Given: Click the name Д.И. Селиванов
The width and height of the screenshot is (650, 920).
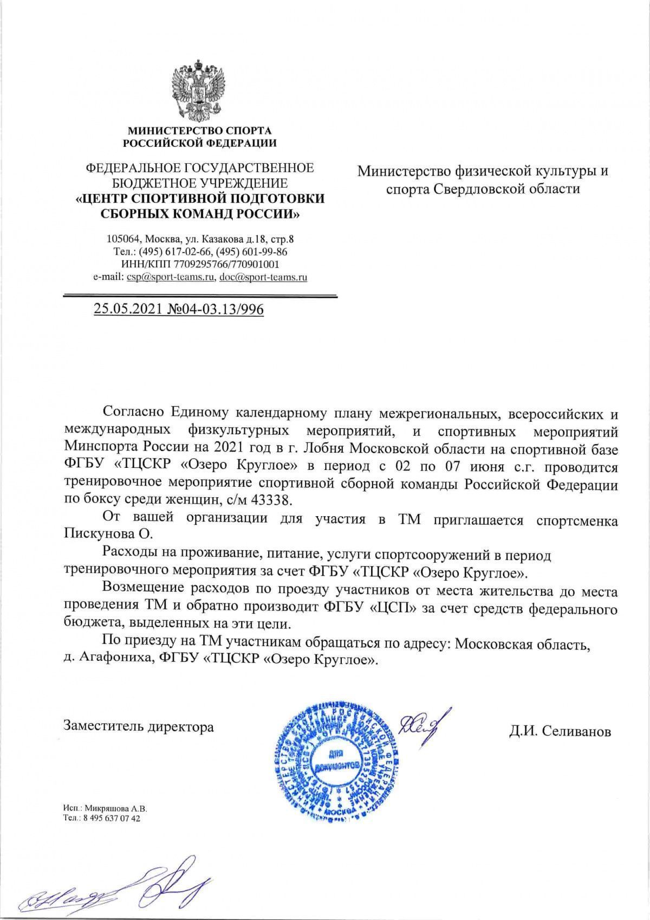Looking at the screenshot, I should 560,731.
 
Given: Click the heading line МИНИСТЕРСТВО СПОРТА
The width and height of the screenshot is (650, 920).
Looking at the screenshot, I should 199,131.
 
